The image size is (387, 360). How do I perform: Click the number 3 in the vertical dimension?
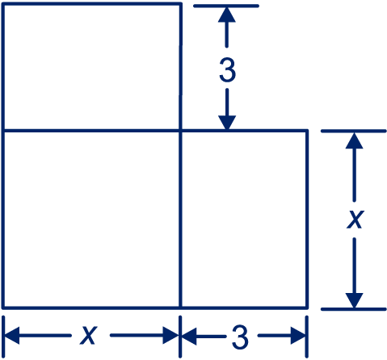(x=228, y=70)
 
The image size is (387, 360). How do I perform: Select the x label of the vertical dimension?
(x=355, y=219)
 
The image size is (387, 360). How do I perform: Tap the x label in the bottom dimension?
(x=88, y=335)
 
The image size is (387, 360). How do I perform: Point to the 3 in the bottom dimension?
(x=240, y=337)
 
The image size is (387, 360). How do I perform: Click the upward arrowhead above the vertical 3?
(x=227, y=15)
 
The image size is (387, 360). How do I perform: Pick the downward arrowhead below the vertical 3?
(x=227, y=123)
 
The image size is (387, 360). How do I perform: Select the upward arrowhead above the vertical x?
(x=355, y=140)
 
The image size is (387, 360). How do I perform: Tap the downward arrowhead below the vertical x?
(x=355, y=300)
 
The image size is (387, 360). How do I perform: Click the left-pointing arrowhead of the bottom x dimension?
(x=12, y=335)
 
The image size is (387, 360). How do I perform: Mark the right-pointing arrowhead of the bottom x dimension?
(x=170, y=335)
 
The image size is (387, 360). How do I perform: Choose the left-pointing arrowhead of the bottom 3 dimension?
(x=189, y=337)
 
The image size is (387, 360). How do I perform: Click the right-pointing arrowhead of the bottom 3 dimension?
(x=298, y=337)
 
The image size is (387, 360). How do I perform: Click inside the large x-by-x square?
(x=91, y=219)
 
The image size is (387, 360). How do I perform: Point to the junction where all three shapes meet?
(x=181, y=131)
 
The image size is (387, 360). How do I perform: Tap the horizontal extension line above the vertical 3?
(x=226, y=6)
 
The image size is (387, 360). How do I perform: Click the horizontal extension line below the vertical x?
(x=354, y=309)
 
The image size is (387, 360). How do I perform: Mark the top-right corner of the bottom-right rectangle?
(x=307, y=131)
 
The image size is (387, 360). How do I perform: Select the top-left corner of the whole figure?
(x=2, y=4)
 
